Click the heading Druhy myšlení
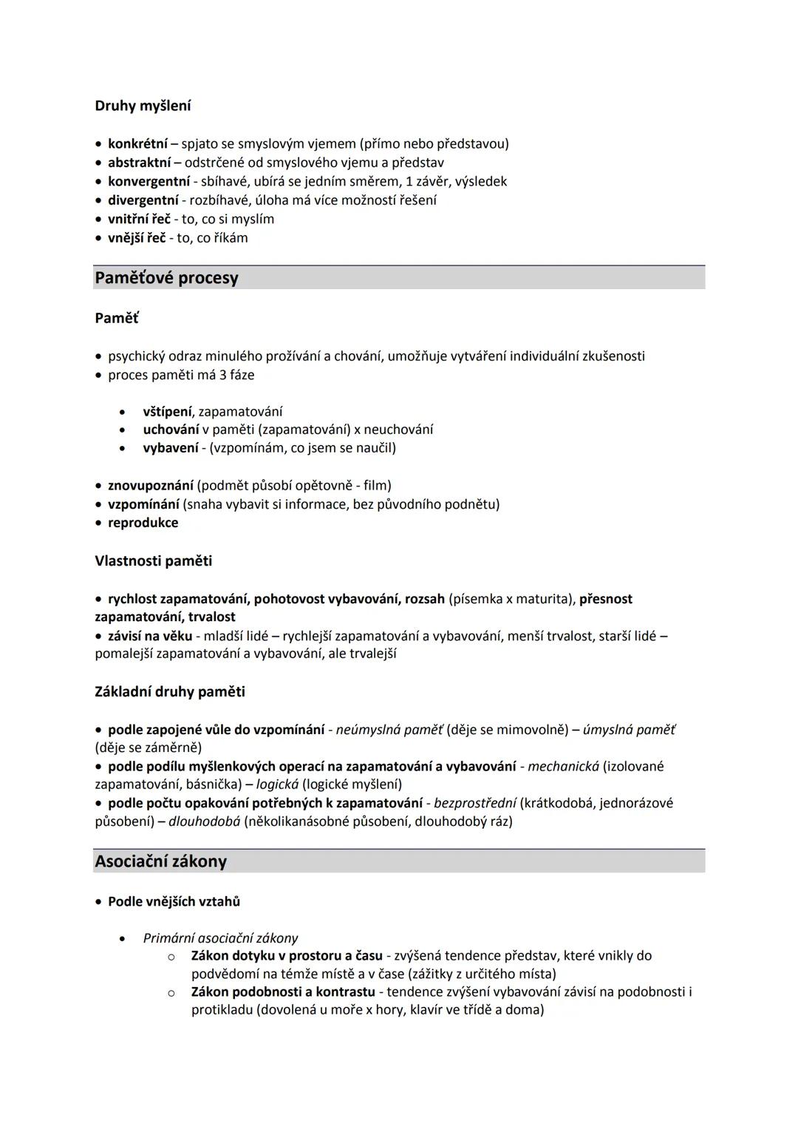click(x=143, y=106)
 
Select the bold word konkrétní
click(x=137, y=143)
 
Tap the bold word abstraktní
click(x=139, y=162)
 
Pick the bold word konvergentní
click(x=149, y=181)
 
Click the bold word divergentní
click(x=143, y=200)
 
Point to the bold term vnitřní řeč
click(x=139, y=219)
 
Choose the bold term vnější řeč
click(x=137, y=238)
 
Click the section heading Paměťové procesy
click(x=166, y=278)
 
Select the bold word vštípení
click(x=167, y=411)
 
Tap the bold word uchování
click(x=171, y=430)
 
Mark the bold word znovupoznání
click(x=150, y=485)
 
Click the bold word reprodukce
click(x=143, y=523)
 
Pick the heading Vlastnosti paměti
click(x=153, y=560)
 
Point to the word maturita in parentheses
click(x=545, y=599)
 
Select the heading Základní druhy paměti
click(x=169, y=691)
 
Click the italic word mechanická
click(x=563, y=766)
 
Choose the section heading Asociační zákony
click(x=160, y=861)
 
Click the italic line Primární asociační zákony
click(x=220, y=938)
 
